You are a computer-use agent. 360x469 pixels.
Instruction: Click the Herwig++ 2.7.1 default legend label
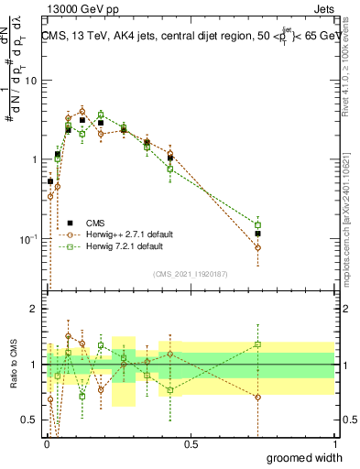pyautogui.click(x=125, y=234)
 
